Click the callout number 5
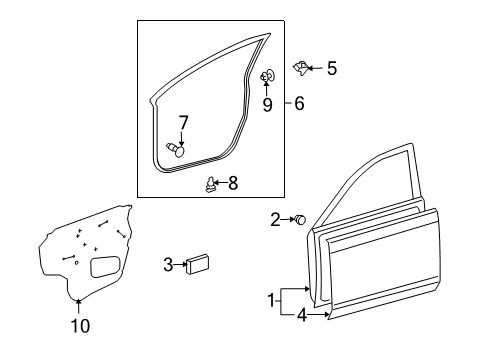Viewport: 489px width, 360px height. (332, 68)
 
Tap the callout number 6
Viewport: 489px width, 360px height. (299, 103)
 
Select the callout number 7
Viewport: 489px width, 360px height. (183, 123)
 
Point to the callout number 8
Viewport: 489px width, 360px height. (233, 183)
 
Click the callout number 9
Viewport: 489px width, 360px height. (267, 105)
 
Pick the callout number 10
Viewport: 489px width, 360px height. (80, 326)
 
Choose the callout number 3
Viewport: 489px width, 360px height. (168, 265)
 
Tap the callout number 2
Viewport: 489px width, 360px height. (275, 220)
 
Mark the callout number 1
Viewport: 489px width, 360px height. (271, 300)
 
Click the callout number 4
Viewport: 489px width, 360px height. (302, 315)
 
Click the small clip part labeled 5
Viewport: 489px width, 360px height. (300, 68)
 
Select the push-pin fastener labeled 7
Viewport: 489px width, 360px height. (176, 149)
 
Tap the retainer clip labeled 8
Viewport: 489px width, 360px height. (210, 185)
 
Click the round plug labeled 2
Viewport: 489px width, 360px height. (300, 219)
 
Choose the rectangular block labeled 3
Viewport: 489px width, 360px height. (198, 264)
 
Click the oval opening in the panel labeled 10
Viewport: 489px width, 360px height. (105, 267)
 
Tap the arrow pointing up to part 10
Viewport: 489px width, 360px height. (78, 306)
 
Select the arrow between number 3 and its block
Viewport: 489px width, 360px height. (180, 264)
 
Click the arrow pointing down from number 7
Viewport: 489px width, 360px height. (182, 138)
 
